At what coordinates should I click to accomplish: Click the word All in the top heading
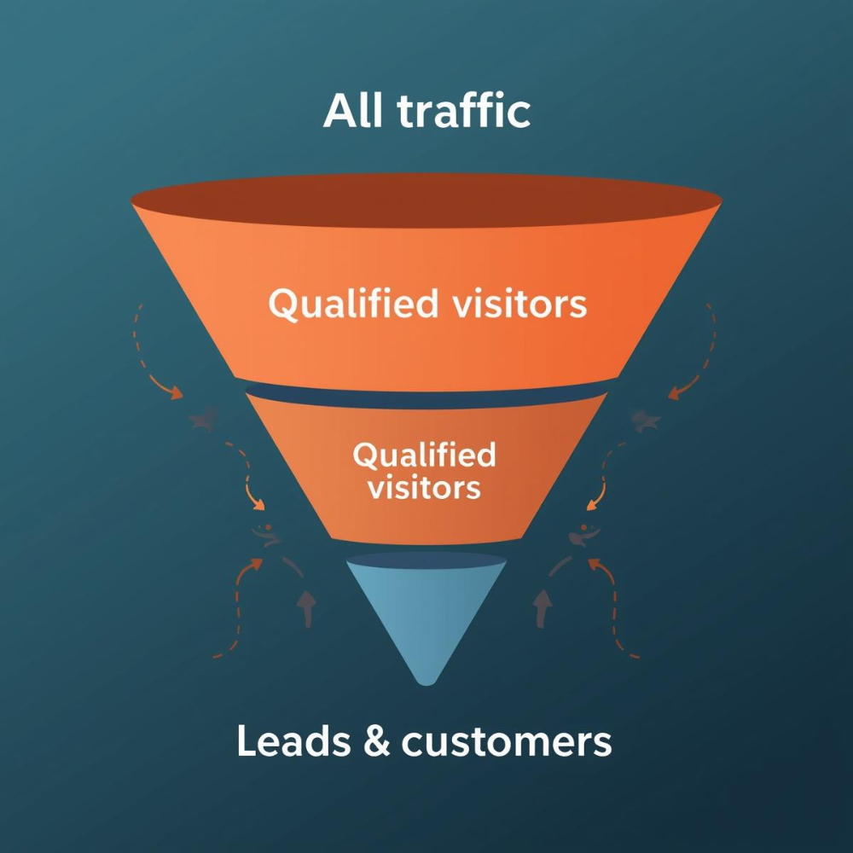click(351, 111)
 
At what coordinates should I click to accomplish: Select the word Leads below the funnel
click(290, 741)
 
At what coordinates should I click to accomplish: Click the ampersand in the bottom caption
click(373, 742)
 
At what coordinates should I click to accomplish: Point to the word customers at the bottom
click(507, 742)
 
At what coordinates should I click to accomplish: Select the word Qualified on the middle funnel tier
click(424, 456)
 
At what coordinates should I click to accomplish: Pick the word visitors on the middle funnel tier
click(424, 488)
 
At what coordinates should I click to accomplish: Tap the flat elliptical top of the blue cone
click(426, 560)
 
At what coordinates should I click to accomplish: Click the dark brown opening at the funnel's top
click(426, 201)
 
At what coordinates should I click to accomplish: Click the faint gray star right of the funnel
click(646, 420)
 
